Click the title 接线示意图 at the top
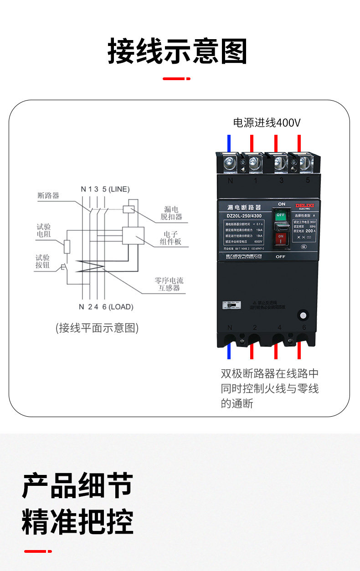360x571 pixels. click(178, 51)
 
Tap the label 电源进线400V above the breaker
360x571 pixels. click(267, 122)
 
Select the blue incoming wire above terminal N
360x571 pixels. click(229, 143)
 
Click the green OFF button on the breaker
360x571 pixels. click(281, 215)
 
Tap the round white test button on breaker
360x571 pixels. click(301, 315)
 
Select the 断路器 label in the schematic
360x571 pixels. click(48, 196)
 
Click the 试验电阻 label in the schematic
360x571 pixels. click(44, 231)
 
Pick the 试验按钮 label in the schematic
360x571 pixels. click(43, 261)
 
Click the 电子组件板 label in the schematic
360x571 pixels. click(170, 238)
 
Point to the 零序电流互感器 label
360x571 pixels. click(169, 284)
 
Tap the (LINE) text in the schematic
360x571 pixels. click(119, 189)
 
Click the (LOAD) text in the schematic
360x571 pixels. click(121, 307)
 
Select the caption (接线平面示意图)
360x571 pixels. click(97, 328)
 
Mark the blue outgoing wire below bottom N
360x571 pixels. click(229, 352)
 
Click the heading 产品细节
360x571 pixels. click(77, 486)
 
